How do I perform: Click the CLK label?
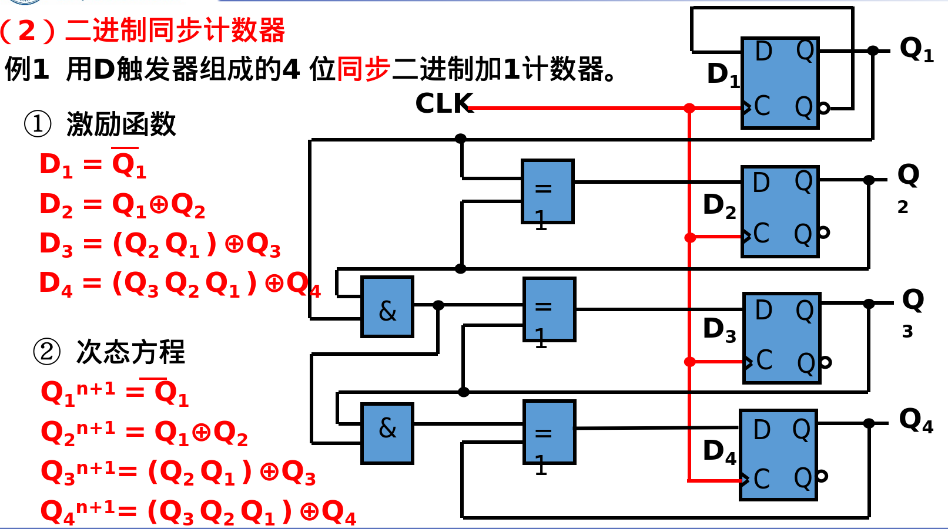pos(443,104)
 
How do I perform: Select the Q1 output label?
pos(916,49)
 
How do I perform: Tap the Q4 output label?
pos(915,421)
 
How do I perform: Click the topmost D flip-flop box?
pos(780,83)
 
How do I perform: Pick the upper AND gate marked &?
pos(387,306)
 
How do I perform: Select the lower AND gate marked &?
pos(387,433)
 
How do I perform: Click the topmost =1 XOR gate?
pos(547,191)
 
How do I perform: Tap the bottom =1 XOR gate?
pos(549,433)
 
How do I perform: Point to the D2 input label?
pos(719,206)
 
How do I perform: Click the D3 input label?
pos(719,330)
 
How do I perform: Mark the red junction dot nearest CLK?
pos(689,108)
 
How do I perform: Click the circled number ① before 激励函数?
pos(38,124)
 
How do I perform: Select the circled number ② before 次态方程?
pos(47,352)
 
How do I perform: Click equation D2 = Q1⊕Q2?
pos(122,205)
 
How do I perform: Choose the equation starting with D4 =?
pos(179,284)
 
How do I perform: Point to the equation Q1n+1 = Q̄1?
pos(115,393)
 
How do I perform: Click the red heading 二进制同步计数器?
pos(175,31)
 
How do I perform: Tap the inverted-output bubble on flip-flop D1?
pos(824,108)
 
